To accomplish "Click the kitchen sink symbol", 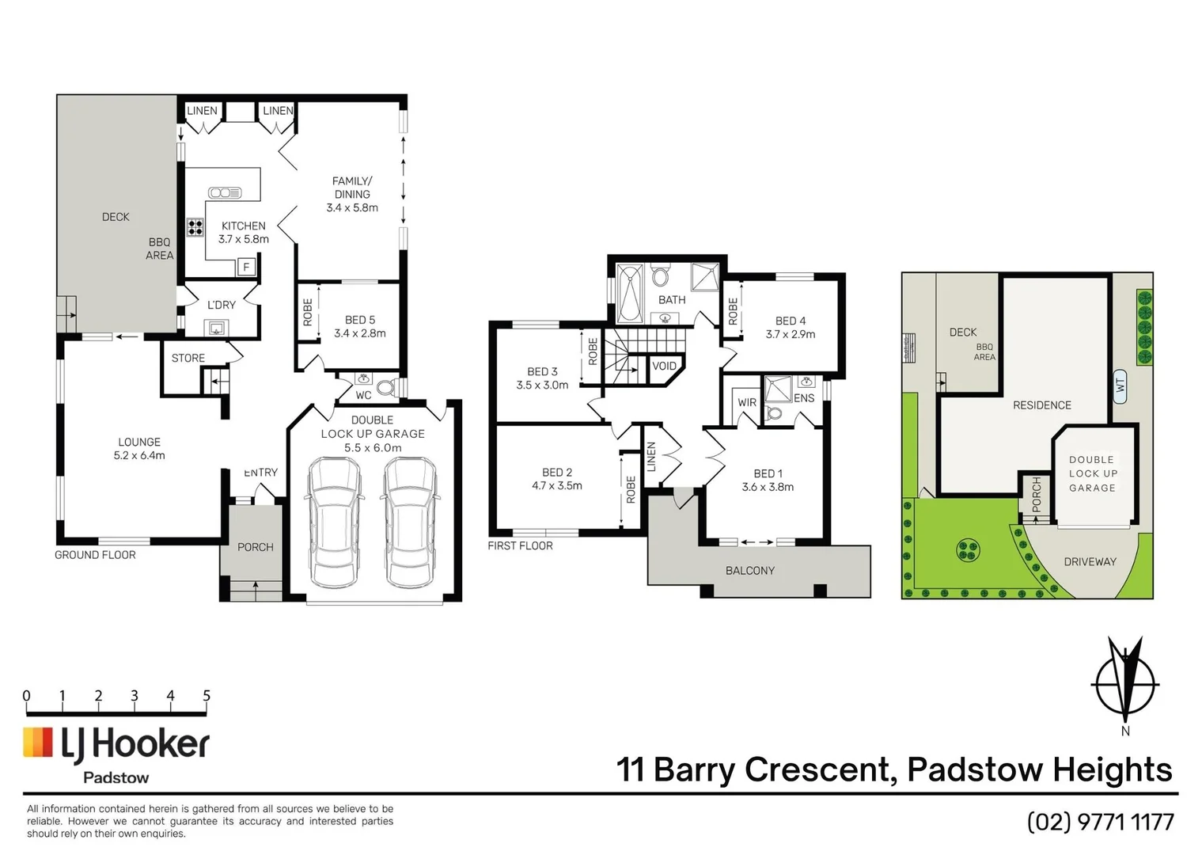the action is pos(225,192).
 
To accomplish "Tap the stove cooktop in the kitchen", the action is pos(195,227).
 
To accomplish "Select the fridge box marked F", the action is pos(247,267).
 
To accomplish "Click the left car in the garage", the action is pos(334,522).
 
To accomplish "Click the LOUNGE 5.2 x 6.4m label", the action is pos(139,449).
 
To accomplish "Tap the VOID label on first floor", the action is pos(665,366).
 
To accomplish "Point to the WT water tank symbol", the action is pos(1120,387).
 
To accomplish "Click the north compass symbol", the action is pos(1124,685).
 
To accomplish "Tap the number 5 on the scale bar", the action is pos(207,696).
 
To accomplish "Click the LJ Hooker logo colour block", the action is pos(37,743).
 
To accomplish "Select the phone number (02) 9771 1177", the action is pos(1100,823).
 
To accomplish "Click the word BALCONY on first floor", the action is pos(750,571).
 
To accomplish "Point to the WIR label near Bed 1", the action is pos(747,402).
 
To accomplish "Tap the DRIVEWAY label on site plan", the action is pos(1090,561).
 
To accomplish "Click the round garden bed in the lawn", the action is pos(968,549).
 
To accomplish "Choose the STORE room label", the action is pos(188,358).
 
